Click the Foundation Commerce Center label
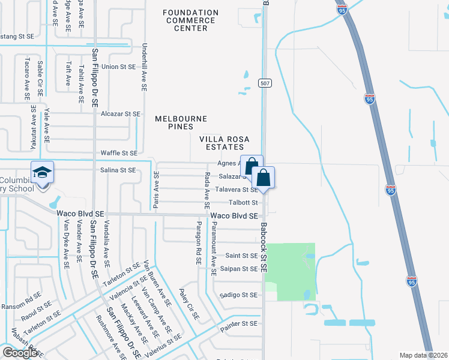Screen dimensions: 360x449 pyautogui.click(x=190, y=20)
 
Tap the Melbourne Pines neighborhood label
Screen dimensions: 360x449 pyautogui.click(x=181, y=122)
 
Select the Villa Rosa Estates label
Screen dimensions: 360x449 pyautogui.click(x=222, y=142)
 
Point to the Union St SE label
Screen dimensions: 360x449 pyautogui.click(x=119, y=67)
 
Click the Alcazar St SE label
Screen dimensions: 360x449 pyautogui.click(x=121, y=113)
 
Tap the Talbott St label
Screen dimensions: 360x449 pyautogui.click(x=243, y=203)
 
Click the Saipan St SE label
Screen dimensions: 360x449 pyautogui.click(x=238, y=268)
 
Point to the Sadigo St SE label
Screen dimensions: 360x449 pyautogui.click(x=238, y=295)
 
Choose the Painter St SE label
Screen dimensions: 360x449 pyautogui.click(x=239, y=323)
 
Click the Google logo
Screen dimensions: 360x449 pyautogui.click(x=20, y=353)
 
